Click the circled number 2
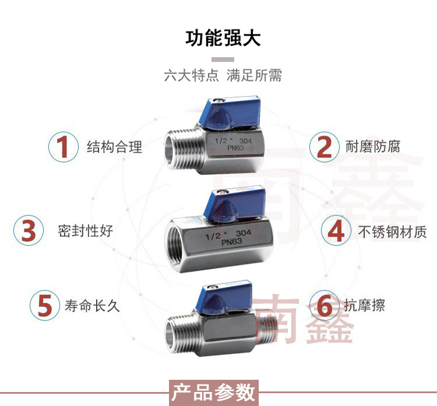pyautogui.click(x=325, y=146)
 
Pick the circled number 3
pyautogui.click(x=29, y=231)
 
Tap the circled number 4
pyautogui.click(x=336, y=231)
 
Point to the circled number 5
pyautogui.click(x=45, y=305)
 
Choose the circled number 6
pyautogui.click(x=324, y=305)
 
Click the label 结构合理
pyautogui.click(x=114, y=147)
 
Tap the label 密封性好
pyautogui.click(x=85, y=231)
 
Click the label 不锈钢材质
pyautogui.click(x=392, y=232)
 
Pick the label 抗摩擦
pyautogui.click(x=364, y=305)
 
